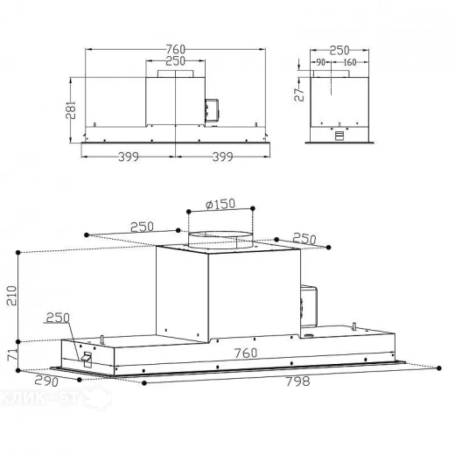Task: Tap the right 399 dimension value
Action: click(x=224, y=158)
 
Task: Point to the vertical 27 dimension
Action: click(x=298, y=94)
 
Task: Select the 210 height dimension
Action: click(x=11, y=295)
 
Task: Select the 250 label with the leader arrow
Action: click(x=58, y=317)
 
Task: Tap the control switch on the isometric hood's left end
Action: click(x=87, y=359)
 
